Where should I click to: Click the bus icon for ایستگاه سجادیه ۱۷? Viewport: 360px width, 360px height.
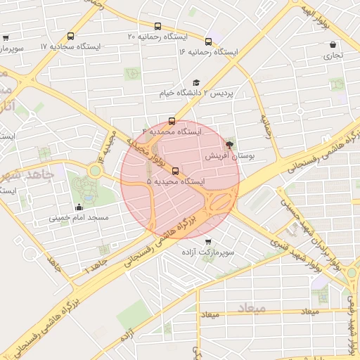70,36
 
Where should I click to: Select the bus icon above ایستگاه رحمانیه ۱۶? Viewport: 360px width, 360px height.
208,41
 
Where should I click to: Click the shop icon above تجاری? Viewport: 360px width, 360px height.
332,44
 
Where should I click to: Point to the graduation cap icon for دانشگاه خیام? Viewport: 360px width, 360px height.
196,82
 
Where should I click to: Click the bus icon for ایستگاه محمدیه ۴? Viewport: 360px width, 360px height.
172,121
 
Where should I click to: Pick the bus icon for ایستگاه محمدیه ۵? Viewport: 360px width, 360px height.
175,171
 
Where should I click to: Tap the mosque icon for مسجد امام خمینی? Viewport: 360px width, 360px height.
78,207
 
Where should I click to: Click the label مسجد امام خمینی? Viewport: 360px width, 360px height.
78,218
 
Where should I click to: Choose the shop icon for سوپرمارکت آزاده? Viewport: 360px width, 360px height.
207,241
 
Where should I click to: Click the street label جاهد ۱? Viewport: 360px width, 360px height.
96,266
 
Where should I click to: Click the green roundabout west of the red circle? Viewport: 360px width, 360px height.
94,169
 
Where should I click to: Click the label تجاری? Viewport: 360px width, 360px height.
332,55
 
